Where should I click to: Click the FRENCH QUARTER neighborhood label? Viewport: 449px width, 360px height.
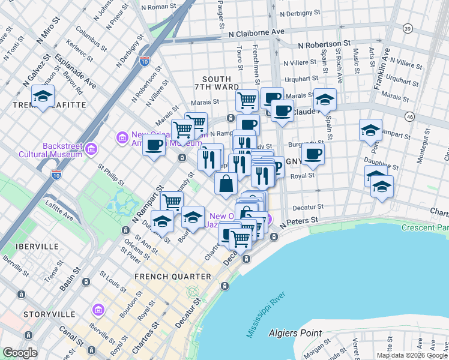click(173, 277)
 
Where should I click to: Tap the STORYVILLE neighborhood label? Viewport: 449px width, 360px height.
click(50, 314)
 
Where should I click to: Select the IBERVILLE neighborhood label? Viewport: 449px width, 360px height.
click(38, 247)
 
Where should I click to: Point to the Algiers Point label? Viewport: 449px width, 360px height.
click(295, 333)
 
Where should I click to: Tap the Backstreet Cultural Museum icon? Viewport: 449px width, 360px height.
click(91, 148)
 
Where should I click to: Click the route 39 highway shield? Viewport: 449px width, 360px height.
click(408, 29)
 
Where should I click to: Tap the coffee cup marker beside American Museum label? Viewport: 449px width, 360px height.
click(154, 145)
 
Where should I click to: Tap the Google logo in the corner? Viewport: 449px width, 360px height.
click(20, 353)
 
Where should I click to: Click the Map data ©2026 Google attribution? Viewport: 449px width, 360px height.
click(412, 355)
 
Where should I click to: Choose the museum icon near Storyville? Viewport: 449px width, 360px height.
click(98, 310)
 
